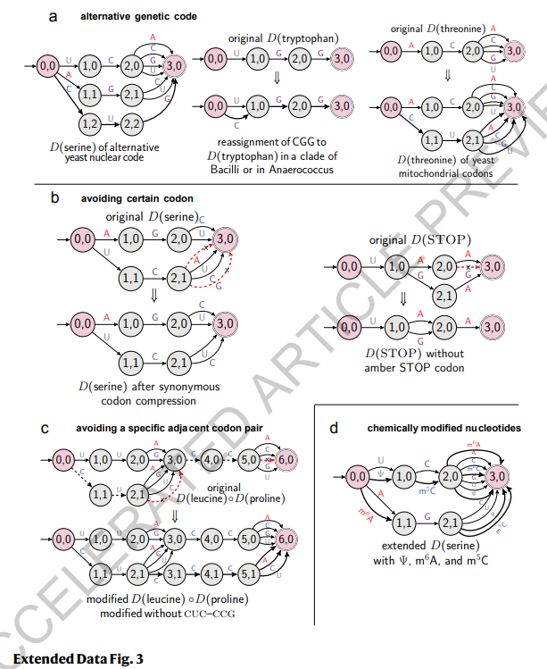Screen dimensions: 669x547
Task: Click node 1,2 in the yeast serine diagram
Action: pos(89,121)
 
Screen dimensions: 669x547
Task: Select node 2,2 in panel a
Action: pos(132,121)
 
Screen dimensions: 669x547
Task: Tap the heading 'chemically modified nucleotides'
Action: pos(445,429)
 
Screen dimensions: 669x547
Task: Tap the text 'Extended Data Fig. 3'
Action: pos(78,659)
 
